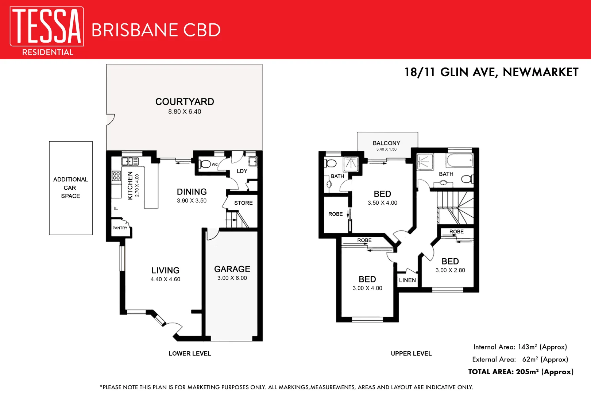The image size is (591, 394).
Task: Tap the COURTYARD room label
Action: [x=185, y=102]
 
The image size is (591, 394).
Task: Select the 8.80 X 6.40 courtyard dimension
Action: [x=185, y=112]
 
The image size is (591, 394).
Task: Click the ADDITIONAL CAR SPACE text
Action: [x=70, y=188]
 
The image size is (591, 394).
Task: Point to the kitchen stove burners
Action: [x=116, y=176]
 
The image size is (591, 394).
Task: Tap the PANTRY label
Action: [x=120, y=228]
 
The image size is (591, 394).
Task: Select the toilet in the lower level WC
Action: [x=205, y=164]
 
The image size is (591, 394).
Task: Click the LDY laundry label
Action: [x=242, y=171]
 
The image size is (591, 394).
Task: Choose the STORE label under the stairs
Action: [x=243, y=203]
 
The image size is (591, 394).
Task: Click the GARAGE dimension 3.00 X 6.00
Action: [x=232, y=278]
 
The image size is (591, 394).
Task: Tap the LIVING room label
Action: [x=166, y=270]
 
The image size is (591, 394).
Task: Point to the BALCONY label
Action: [x=386, y=143]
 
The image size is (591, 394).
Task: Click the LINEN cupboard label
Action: [x=407, y=280]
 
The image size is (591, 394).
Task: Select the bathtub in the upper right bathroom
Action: [x=459, y=160]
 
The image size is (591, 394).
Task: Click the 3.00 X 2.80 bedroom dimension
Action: [x=450, y=270]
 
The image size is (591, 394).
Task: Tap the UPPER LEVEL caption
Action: [x=411, y=354]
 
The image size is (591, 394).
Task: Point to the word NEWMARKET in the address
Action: [x=540, y=72]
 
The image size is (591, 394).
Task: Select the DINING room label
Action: [x=192, y=192]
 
